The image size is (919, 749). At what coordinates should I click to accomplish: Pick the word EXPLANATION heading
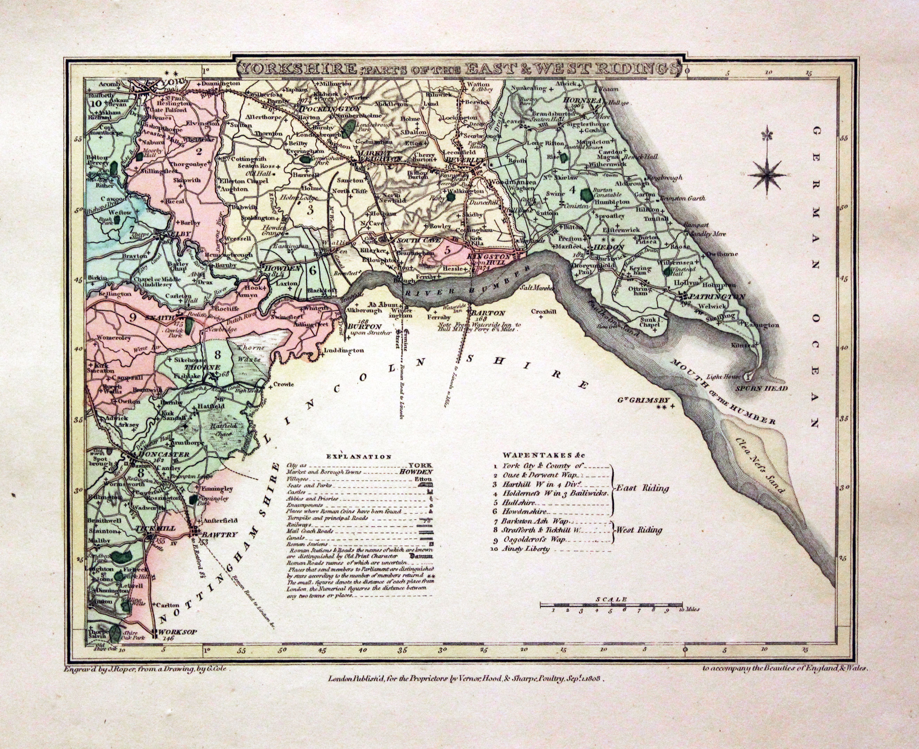pos(359,456)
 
